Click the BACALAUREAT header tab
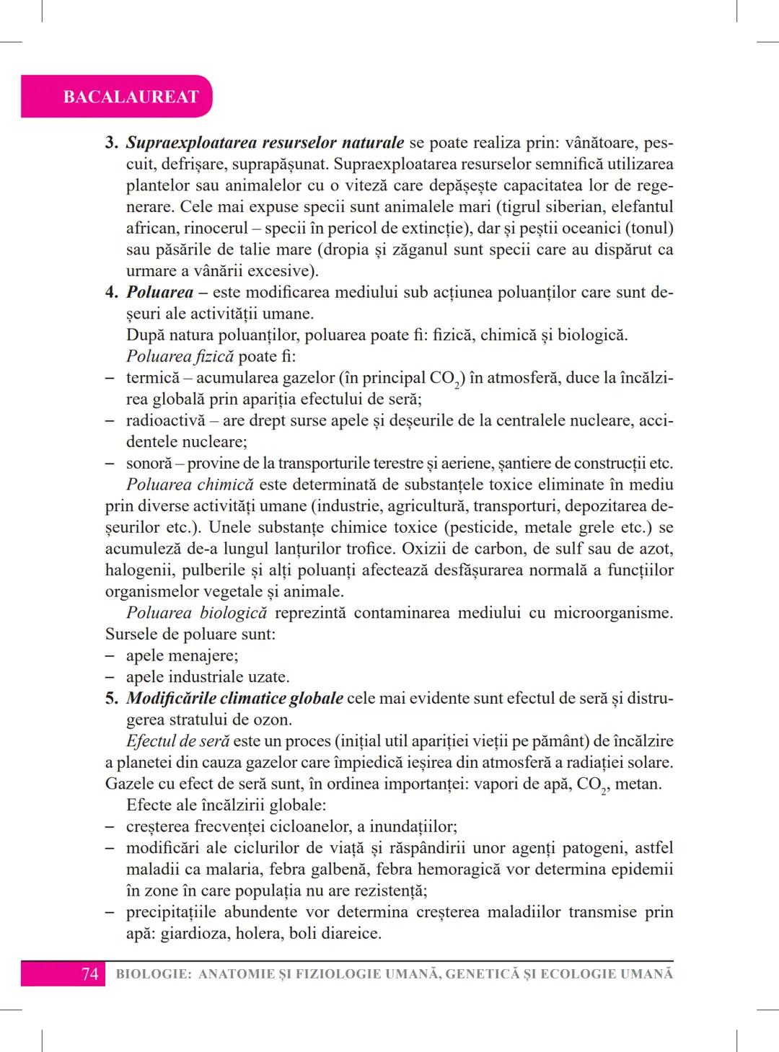point(131,97)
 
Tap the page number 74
point(89,974)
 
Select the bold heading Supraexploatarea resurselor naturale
point(265,142)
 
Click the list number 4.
point(111,293)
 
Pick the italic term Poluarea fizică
point(180,356)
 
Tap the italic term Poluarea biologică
point(196,613)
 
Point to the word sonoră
point(149,464)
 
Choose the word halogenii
point(139,570)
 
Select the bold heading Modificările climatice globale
point(234,699)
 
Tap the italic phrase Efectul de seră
point(177,741)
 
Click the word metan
point(638,784)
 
